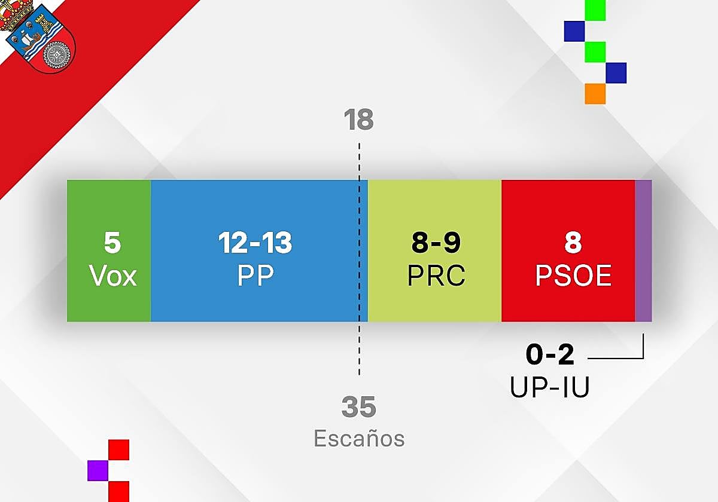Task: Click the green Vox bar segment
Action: pyautogui.click(x=109, y=250)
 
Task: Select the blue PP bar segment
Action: pyautogui.click(x=259, y=250)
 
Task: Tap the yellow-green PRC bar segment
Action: pyautogui.click(x=434, y=250)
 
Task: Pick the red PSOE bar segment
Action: pyautogui.click(x=568, y=250)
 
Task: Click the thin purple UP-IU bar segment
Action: pyautogui.click(x=644, y=250)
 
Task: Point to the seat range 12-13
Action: pyautogui.click(x=255, y=243)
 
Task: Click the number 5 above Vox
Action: pyautogui.click(x=112, y=243)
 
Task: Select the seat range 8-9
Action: pyautogui.click(x=436, y=243)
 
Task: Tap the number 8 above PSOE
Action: pyautogui.click(x=573, y=243)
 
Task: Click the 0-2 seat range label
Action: pyautogui.click(x=550, y=354)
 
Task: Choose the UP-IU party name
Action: pyautogui.click(x=550, y=387)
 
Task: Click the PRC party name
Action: pyautogui.click(x=436, y=275)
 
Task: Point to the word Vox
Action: pyautogui.click(x=113, y=276)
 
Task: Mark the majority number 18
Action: pyautogui.click(x=358, y=120)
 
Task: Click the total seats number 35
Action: pyautogui.click(x=358, y=406)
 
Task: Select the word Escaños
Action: pyautogui.click(x=359, y=438)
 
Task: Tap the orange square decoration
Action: pyautogui.click(x=595, y=94)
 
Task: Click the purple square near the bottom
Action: pyautogui.click(x=98, y=471)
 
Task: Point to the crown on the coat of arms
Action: pyautogui.click(x=16, y=14)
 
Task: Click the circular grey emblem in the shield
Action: pyautogui.click(x=56, y=56)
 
